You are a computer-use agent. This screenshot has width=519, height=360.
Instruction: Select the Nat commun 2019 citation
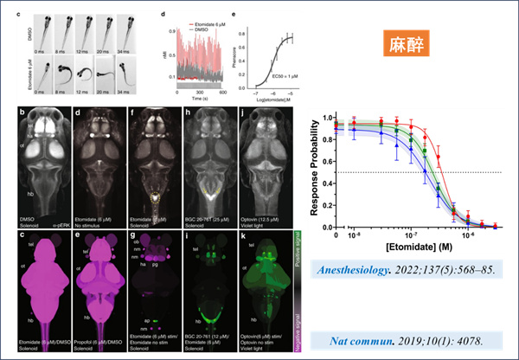click(405, 337)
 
